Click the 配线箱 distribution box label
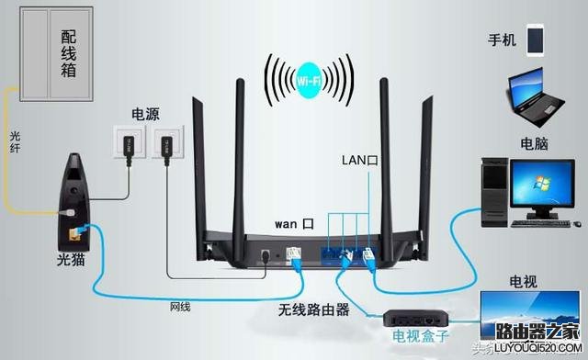[x=69, y=54]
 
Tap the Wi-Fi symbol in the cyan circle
[x=309, y=81]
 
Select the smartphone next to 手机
[x=535, y=40]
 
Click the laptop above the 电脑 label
[x=536, y=97]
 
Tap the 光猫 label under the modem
[x=71, y=260]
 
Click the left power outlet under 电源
[x=130, y=141]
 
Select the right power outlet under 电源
[x=167, y=141]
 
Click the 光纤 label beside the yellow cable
[x=15, y=141]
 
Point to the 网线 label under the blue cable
[x=180, y=307]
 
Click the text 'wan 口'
[x=294, y=224]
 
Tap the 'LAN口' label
[x=359, y=161]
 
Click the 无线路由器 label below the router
[x=314, y=309]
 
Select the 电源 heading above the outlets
[x=145, y=115]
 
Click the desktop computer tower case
[x=494, y=192]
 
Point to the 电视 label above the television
[x=523, y=282]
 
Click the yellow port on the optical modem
[x=74, y=235]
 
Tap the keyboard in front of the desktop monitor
[x=540, y=223]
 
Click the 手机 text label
[x=503, y=39]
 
